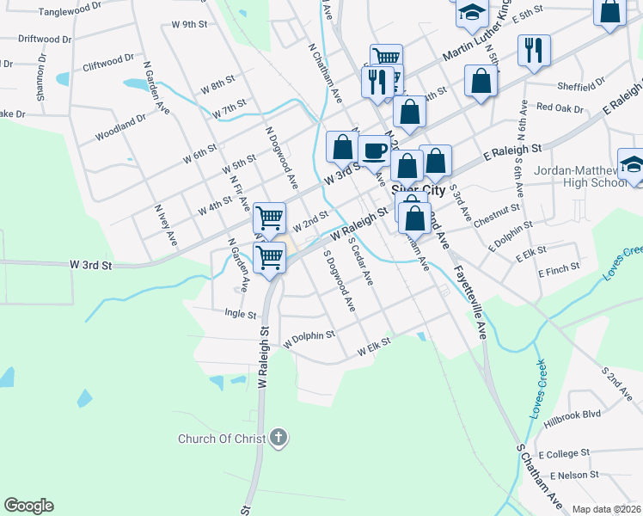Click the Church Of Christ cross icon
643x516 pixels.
click(278, 439)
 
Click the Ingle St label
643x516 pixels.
click(241, 314)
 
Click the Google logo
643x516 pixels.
click(28, 506)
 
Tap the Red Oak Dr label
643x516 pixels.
click(560, 108)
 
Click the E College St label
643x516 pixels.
click(564, 452)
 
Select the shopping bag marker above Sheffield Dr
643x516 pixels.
click(481, 82)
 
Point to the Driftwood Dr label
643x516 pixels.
click(45, 39)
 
